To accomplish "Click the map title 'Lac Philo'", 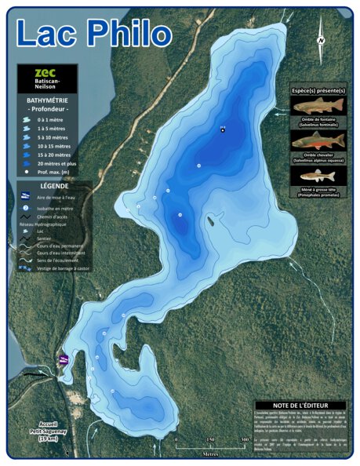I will click(x=93, y=34).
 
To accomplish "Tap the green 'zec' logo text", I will click(x=47, y=71).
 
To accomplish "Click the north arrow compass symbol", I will click(x=321, y=41).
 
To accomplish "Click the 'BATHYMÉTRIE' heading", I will click(x=46, y=100).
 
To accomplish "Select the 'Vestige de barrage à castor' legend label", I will click(x=64, y=268).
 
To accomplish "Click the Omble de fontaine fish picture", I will click(x=317, y=106).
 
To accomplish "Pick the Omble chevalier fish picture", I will click(x=317, y=140).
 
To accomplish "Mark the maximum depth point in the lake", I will click(x=223, y=130).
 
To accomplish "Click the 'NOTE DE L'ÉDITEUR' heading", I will click(x=300, y=406).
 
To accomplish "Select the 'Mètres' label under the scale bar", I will click(x=210, y=453).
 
